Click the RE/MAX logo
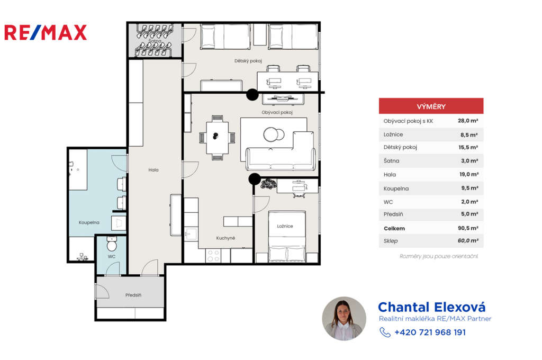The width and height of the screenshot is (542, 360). coord(46,32)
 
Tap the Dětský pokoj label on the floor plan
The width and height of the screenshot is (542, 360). coord(248,61)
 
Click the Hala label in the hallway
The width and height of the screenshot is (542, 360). coord(153,170)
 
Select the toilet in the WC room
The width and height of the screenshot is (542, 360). coord(111,244)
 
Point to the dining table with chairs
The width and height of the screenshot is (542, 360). coord(217,138)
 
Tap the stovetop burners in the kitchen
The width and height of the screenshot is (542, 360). coord(213,256)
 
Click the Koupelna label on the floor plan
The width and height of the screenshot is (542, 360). coord(89,222)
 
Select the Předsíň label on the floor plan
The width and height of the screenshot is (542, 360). coord(133,295)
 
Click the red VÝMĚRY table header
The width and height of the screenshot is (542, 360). coord(431,106)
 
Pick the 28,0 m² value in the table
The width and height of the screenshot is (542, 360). coord(468,121)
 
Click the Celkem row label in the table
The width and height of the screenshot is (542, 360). coord(394,228)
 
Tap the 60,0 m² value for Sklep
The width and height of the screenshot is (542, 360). coord(468,241)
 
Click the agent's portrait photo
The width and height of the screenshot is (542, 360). coord(344,319)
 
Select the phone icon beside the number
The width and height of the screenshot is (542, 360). coord(385,332)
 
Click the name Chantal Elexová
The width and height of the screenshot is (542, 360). coord(432,307)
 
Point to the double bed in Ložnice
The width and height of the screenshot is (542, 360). coord(287,237)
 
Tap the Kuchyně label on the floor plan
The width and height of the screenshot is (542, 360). coord(225,238)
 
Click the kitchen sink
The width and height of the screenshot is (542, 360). coord(191,234)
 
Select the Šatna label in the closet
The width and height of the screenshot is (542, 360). coord(155,41)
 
